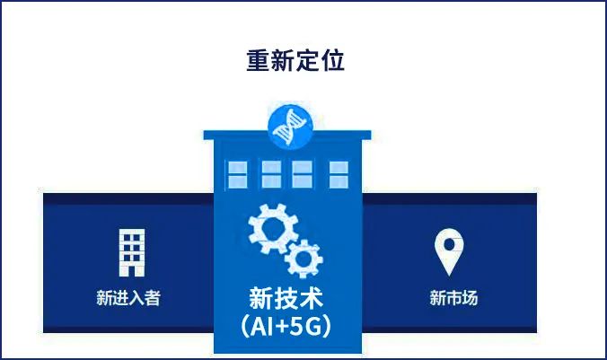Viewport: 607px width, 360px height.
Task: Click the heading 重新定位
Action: [295, 60]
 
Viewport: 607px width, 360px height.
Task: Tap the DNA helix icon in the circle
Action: [290, 127]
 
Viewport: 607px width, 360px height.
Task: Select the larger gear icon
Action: [273, 228]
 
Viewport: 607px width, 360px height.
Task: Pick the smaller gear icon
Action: [303, 259]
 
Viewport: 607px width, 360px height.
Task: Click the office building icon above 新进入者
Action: [132, 252]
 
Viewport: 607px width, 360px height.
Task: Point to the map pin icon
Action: [449, 251]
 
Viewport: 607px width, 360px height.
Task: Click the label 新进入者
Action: [128, 298]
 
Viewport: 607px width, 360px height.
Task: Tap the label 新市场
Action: [453, 298]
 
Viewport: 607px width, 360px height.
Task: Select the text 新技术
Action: [286, 299]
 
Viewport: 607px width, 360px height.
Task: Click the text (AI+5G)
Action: [286, 326]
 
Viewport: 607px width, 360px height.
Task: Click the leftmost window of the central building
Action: [237, 175]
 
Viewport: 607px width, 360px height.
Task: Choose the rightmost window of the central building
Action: [339, 175]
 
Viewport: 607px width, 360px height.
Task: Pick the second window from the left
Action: [271, 175]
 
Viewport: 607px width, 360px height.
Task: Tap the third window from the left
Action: [302, 175]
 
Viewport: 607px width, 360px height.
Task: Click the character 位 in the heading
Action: [333, 60]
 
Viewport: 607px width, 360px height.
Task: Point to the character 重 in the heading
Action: [258, 60]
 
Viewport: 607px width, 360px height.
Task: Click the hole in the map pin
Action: [449, 244]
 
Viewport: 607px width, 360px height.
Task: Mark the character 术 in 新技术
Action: [312, 299]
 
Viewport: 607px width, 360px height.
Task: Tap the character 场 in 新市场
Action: [470, 298]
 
